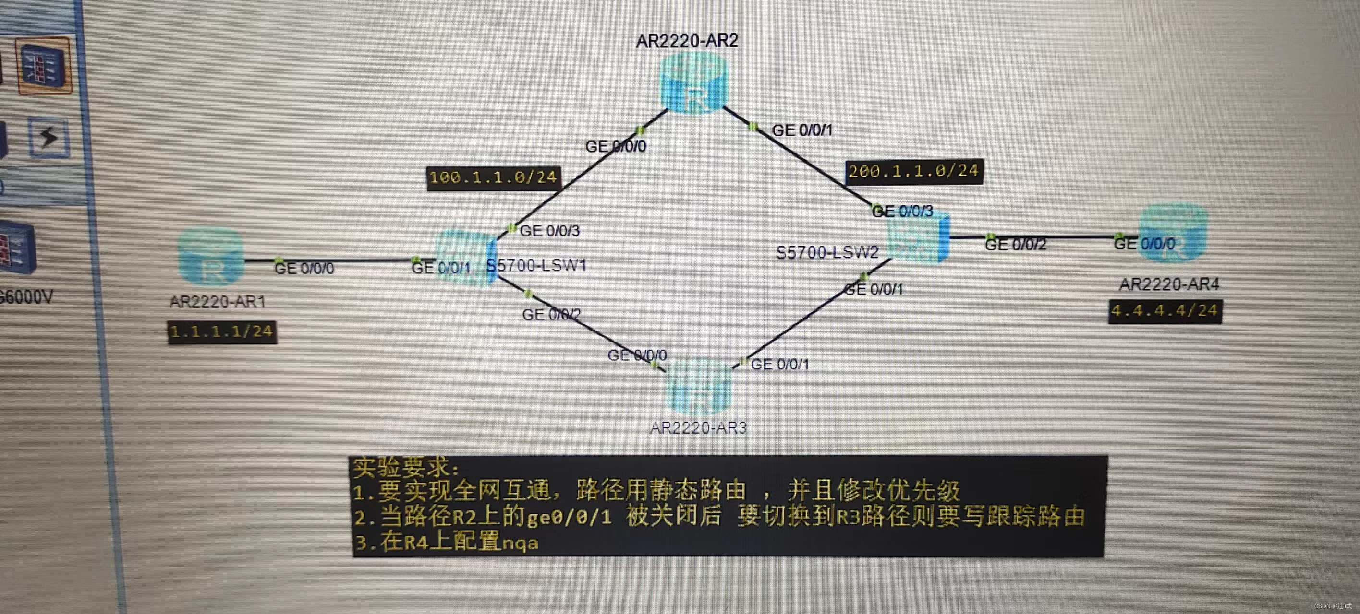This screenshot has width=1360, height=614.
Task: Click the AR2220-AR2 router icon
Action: (694, 84)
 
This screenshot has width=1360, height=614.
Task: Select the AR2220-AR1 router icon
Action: (211, 258)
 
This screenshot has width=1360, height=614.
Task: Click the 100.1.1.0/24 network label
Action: (493, 178)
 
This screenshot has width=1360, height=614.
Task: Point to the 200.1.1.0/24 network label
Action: (913, 171)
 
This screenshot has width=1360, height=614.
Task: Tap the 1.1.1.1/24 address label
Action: (222, 332)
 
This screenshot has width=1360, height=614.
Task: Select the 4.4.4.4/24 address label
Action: (1165, 311)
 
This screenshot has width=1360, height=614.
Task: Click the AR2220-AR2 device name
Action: (687, 41)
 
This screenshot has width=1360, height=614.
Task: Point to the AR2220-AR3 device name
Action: (698, 428)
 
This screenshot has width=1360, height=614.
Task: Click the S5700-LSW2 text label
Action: (827, 253)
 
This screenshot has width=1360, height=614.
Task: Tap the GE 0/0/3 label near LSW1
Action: (549, 231)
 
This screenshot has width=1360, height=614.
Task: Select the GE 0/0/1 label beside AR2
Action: (802, 130)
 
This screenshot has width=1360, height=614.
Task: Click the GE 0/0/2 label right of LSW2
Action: (1015, 244)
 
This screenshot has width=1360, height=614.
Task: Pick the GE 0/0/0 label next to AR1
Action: (304, 269)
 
